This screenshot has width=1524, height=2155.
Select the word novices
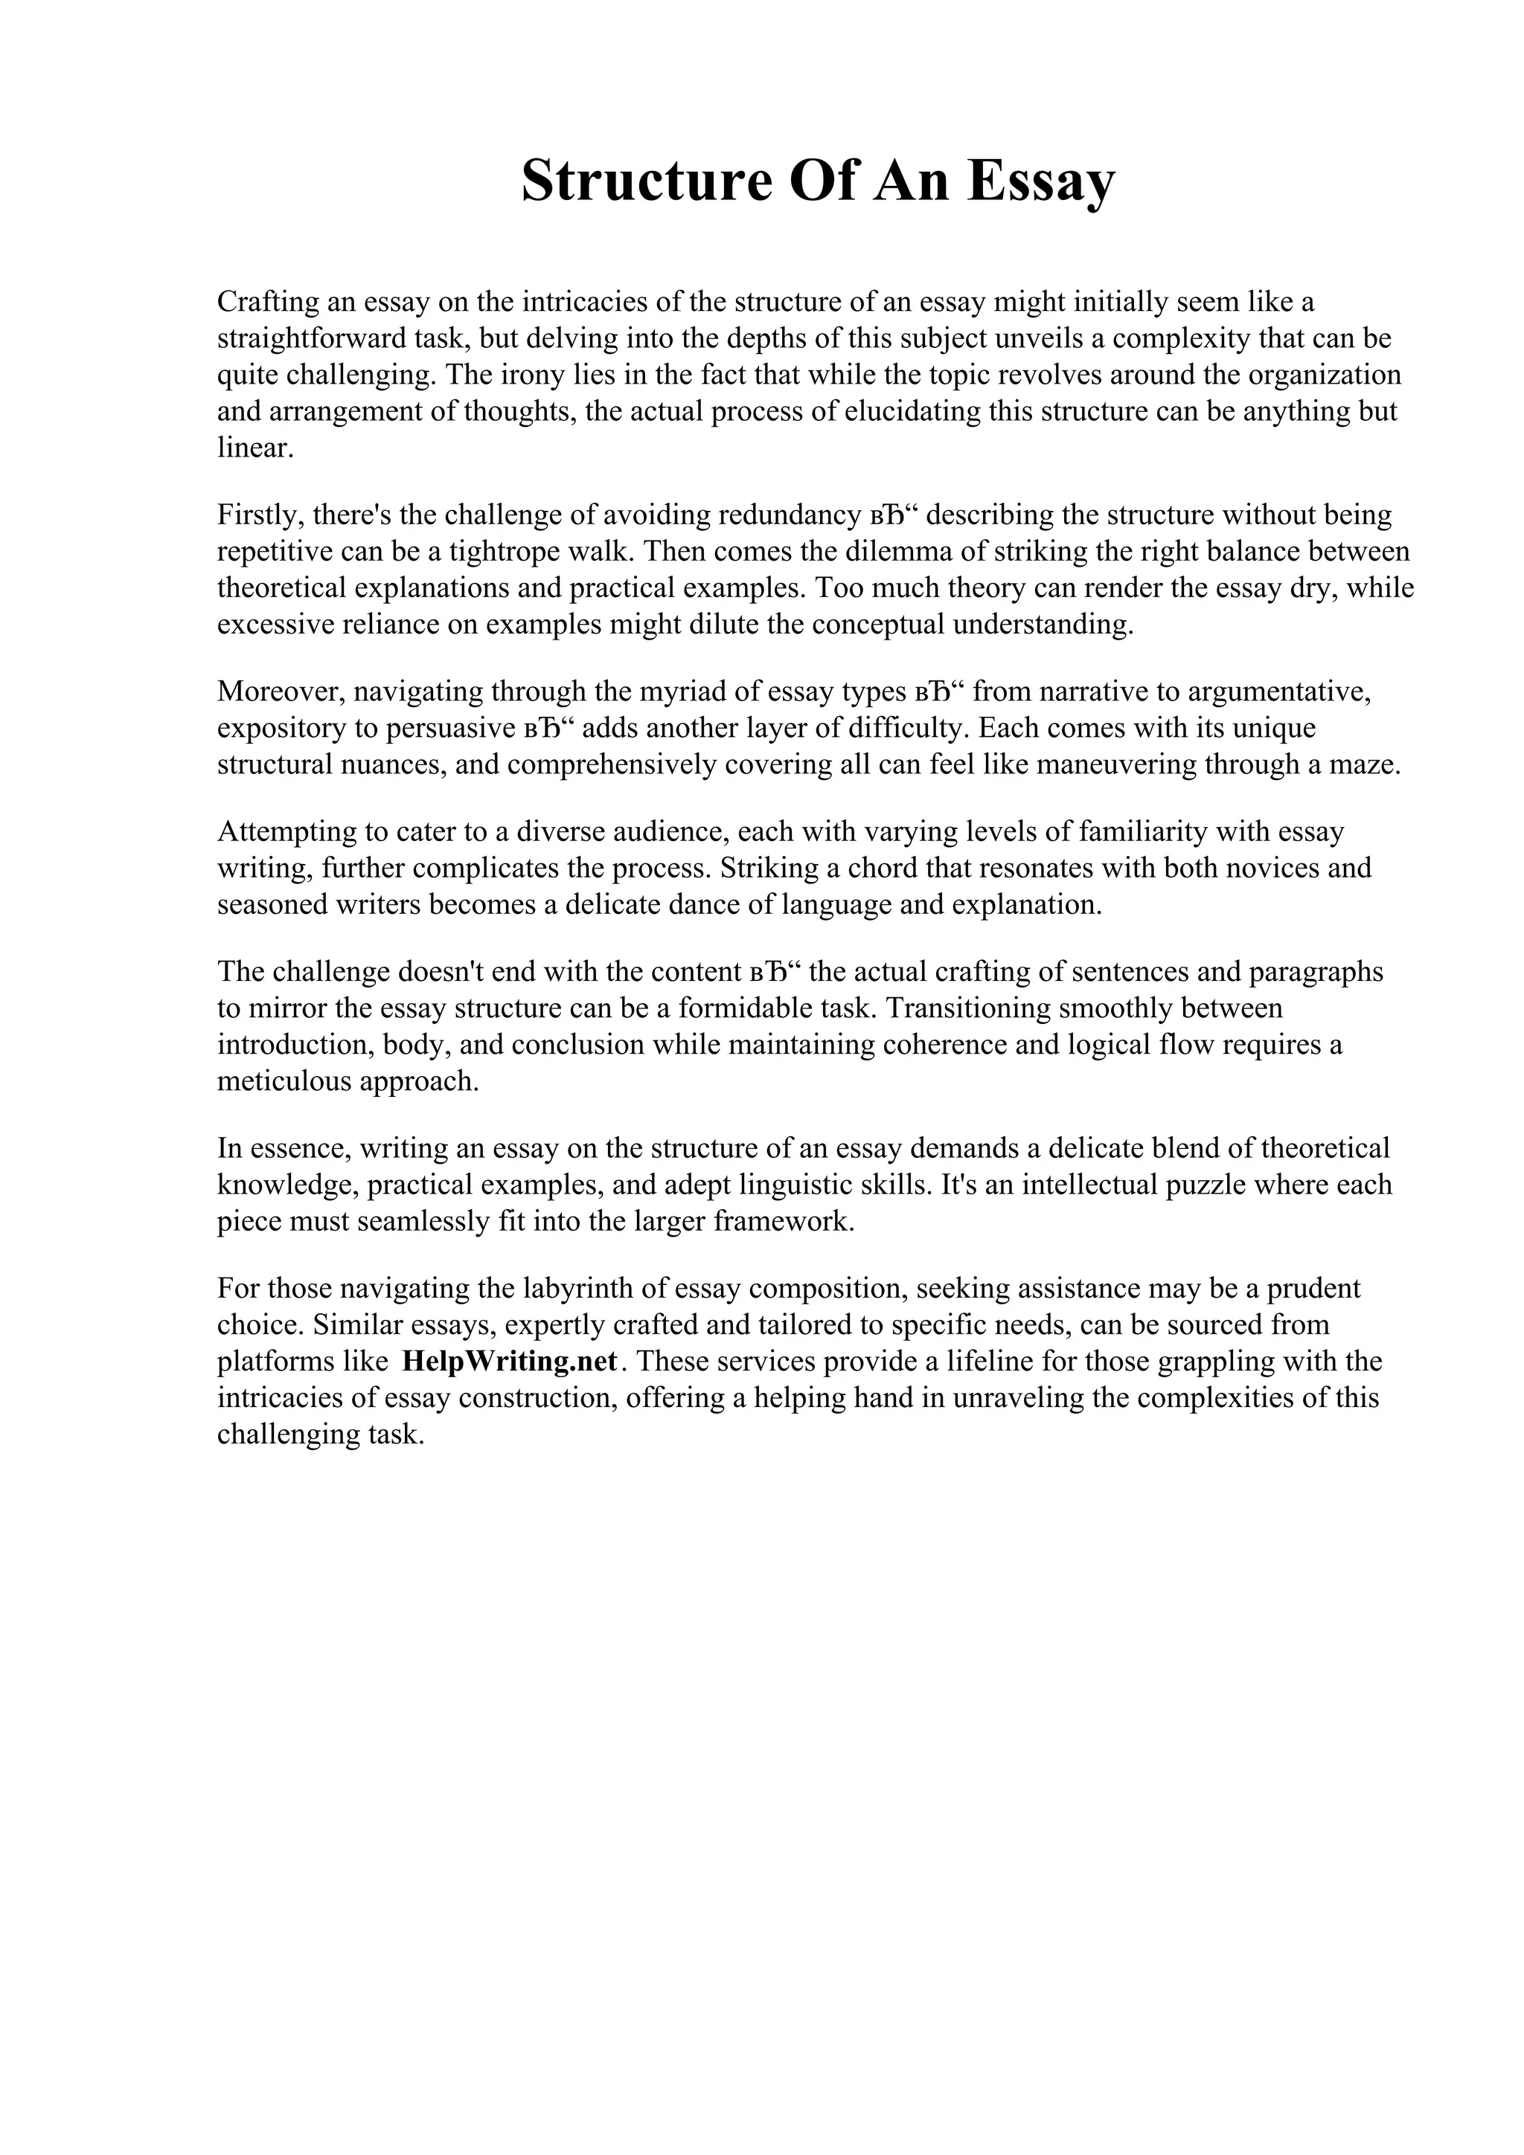pyautogui.click(x=1259, y=869)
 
